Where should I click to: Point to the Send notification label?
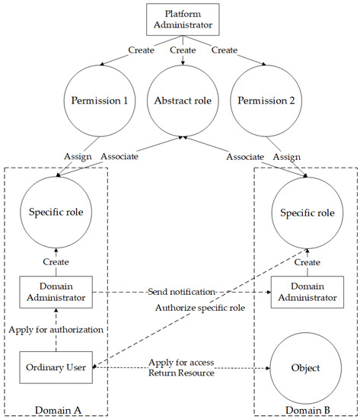click(x=181, y=293)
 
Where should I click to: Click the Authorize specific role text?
click(x=180, y=308)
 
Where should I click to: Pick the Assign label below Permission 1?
click(x=78, y=156)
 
